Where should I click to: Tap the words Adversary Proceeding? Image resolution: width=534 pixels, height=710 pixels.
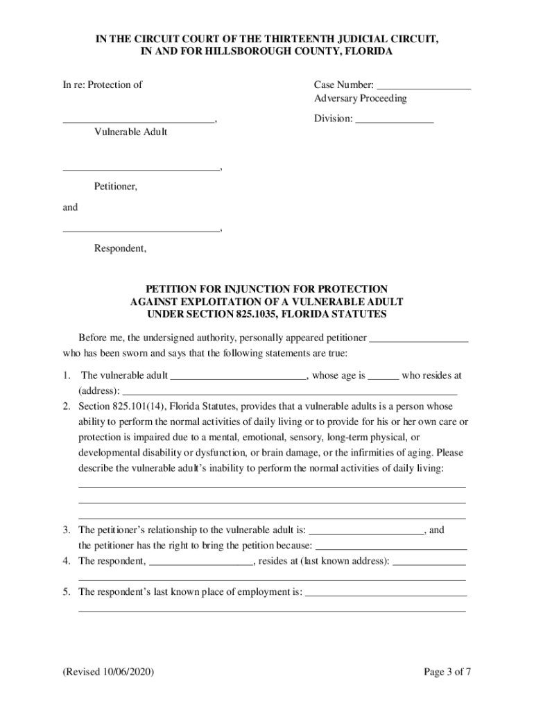tap(360, 98)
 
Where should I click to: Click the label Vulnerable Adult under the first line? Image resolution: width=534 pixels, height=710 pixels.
tap(130, 132)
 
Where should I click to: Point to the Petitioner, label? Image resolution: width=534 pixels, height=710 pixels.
tap(116, 186)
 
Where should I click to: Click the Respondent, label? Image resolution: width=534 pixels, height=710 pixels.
tap(121, 248)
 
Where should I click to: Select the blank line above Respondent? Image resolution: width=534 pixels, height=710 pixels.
tap(141, 229)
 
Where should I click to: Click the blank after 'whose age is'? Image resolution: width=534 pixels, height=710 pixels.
tap(383, 376)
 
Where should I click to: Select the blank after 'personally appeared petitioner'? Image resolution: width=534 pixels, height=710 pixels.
tap(419, 339)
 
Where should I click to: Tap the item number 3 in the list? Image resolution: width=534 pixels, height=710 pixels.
tap(65, 530)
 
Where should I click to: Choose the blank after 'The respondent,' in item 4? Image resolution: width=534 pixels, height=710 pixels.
tap(202, 562)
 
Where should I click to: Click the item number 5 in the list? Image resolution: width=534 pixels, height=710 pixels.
tap(65, 592)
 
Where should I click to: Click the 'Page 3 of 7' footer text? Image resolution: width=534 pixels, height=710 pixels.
tap(448, 673)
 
